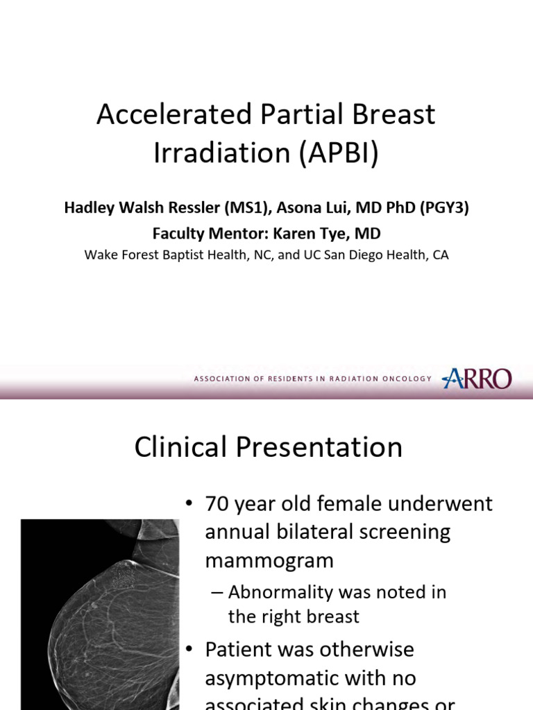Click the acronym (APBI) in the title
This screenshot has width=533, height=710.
coord(339,153)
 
